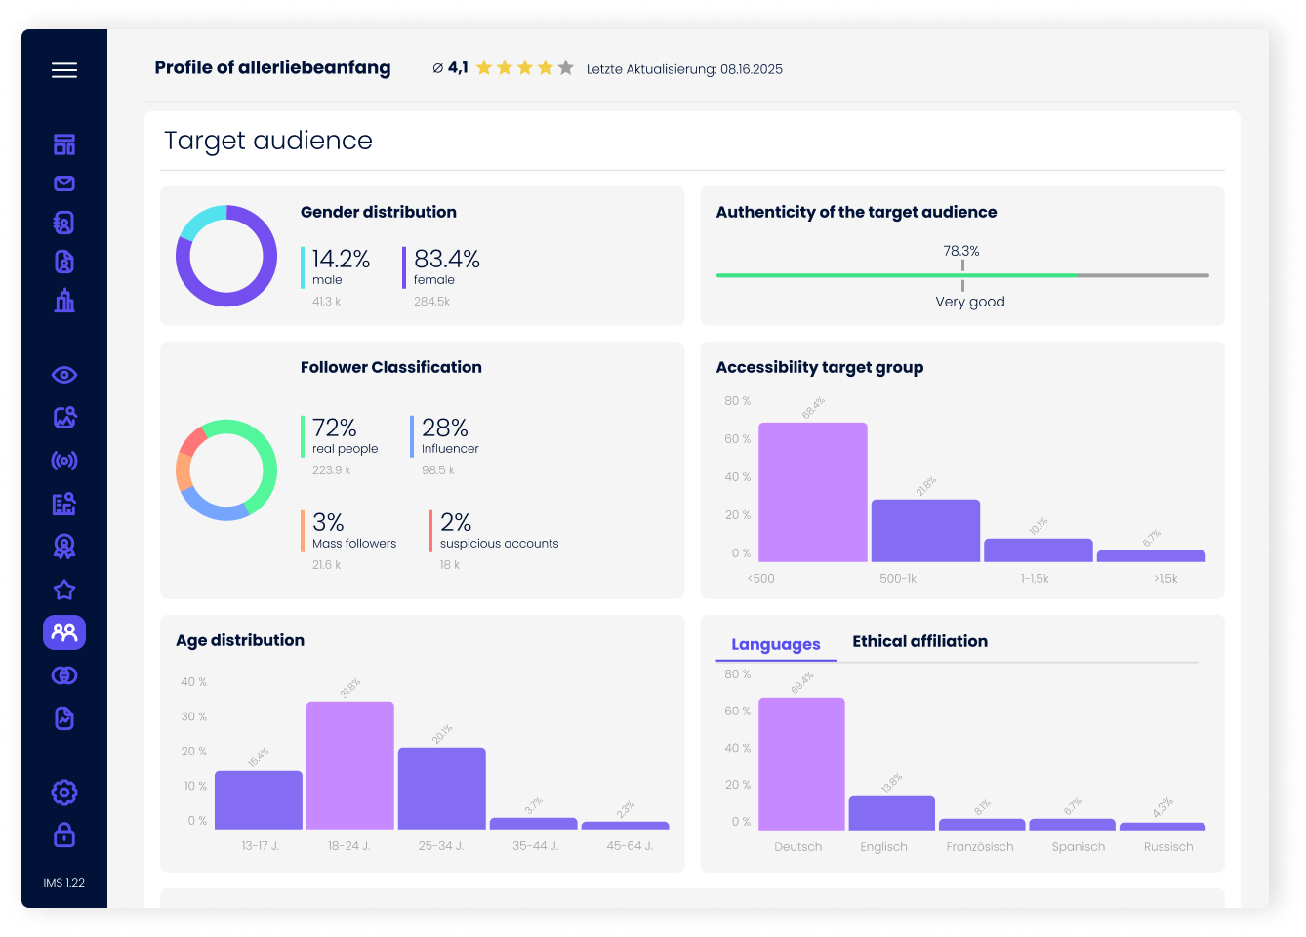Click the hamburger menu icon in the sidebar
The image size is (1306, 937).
pyautogui.click(x=64, y=70)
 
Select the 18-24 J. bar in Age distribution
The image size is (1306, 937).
pyautogui.click(x=349, y=765)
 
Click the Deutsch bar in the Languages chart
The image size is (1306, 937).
pyautogui.click(x=800, y=763)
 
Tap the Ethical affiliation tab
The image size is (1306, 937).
pyautogui.click(x=919, y=641)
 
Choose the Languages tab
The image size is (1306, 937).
pyautogui.click(x=775, y=644)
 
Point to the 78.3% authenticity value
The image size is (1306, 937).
pyautogui.click(x=960, y=251)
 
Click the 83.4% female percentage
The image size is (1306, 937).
pyautogui.click(x=446, y=259)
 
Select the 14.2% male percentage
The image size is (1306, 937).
pyautogui.click(x=341, y=259)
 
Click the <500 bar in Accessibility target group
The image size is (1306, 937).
pyautogui.click(x=812, y=492)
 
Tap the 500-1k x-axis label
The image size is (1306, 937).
pyautogui.click(x=897, y=579)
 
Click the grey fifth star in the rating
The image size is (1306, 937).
pyautogui.click(x=565, y=68)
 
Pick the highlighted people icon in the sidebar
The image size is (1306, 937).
pyautogui.click(x=64, y=632)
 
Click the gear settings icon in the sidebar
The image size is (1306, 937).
pyautogui.click(x=64, y=793)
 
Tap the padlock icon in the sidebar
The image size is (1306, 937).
pyautogui.click(x=64, y=835)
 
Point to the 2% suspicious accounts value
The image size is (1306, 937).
pyautogui.click(x=455, y=522)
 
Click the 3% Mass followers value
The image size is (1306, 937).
pyautogui.click(x=328, y=522)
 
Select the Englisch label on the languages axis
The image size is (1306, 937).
pyautogui.click(x=883, y=847)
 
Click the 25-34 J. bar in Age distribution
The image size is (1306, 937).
pyautogui.click(x=441, y=789)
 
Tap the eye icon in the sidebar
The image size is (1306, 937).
pyautogui.click(x=64, y=375)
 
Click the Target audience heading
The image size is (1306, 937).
pyautogui.click(x=268, y=141)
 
